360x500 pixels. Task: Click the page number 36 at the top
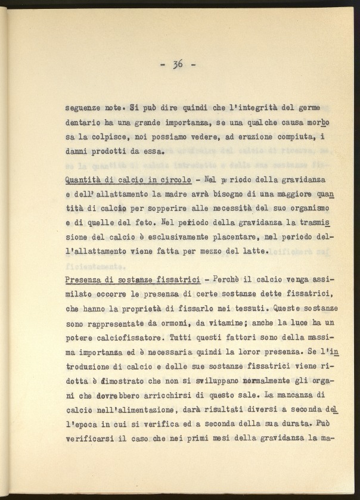tap(178, 64)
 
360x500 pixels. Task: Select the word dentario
tap(83, 122)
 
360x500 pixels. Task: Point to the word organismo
tap(314, 209)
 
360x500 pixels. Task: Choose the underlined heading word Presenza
tap(83, 280)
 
